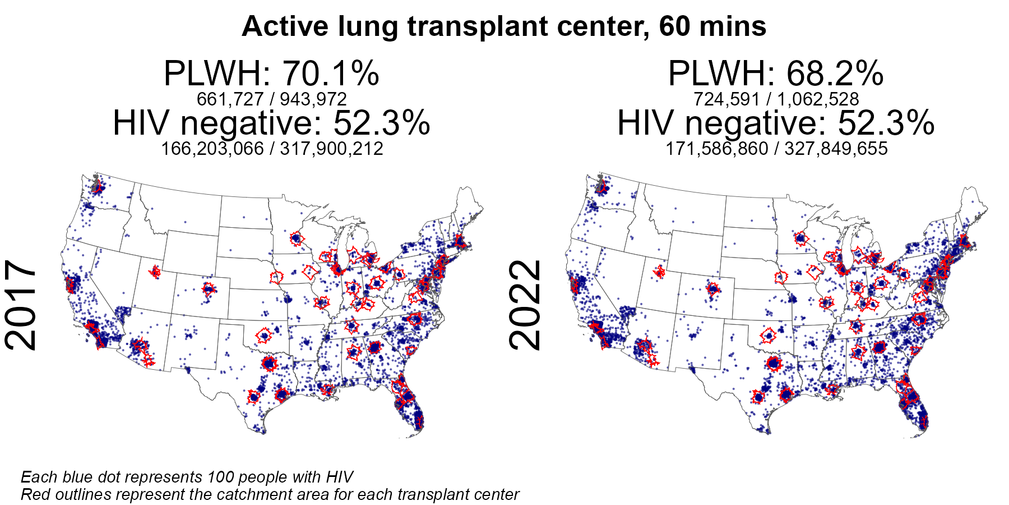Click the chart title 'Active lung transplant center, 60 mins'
(504, 27)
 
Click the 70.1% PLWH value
(331, 74)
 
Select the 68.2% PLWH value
(835, 74)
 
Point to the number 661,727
(230, 99)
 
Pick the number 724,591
(726, 99)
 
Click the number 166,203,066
(212, 149)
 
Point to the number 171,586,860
(717, 149)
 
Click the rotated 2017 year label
(21, 305)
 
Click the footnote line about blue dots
(187, 477)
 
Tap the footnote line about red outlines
(270, 494)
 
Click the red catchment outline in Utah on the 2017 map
(155, 273)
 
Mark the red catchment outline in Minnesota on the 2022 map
(800, 238)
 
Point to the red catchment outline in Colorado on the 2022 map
(713, 290)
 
